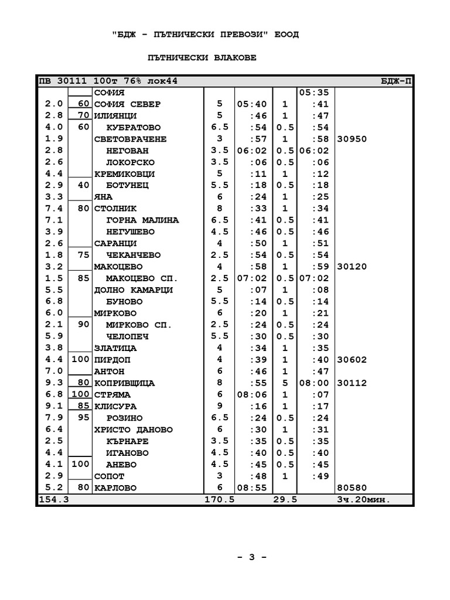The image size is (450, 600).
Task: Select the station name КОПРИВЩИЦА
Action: [x=124, y=383]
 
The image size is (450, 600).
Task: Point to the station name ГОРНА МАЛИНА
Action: [x=142, y=220]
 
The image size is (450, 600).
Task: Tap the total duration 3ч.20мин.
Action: [x=363, y=500]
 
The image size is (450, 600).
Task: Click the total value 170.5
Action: [x=220, y=500]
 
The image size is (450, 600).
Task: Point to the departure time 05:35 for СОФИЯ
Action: [x=315, y=93]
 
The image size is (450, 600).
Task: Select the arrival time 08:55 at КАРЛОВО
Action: [x=252, y=488]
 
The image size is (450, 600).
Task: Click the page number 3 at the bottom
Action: [x=252, y=557]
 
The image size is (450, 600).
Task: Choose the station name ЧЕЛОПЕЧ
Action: [x=127, y=336]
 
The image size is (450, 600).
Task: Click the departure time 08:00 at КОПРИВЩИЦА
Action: [x=315, y=383]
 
